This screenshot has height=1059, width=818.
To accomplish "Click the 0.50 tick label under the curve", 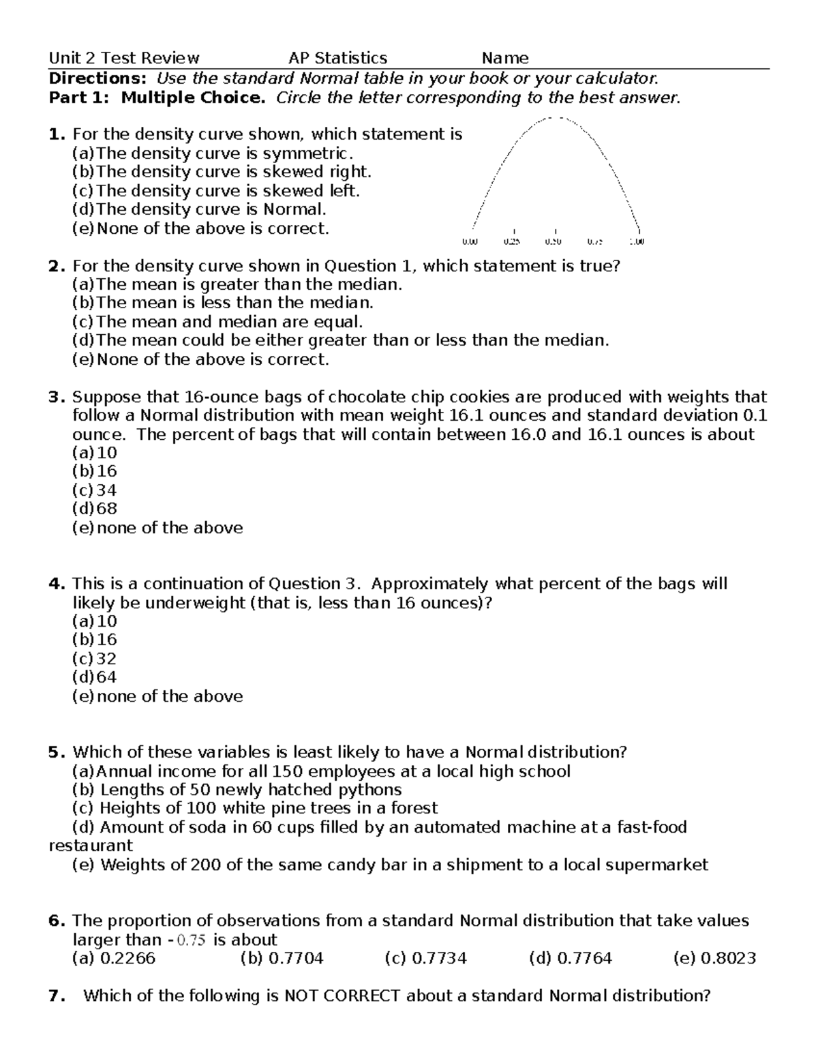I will pos(554,241).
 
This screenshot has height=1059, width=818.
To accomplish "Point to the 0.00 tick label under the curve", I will pos(470,241).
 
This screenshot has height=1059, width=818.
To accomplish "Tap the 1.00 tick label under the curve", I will pos(637,241).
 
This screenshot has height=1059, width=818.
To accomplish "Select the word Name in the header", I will pos(505,59).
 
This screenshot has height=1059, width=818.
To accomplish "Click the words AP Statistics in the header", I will pos(337,59).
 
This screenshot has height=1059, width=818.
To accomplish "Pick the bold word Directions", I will pos(97,78).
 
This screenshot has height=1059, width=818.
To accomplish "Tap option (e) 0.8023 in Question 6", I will pos(714,958).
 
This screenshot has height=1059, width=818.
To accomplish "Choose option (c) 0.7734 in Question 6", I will pos(425,958).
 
